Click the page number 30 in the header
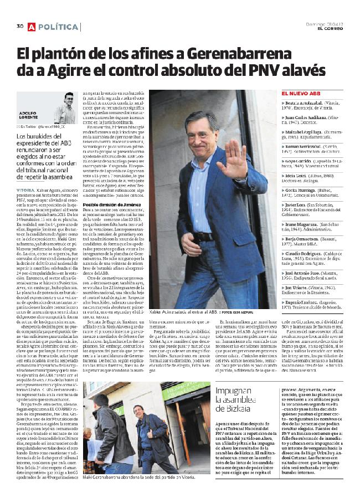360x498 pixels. pyautogui.click(x=19, y=26)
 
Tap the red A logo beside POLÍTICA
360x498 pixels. pyautogui.click(x=32, y=27)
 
